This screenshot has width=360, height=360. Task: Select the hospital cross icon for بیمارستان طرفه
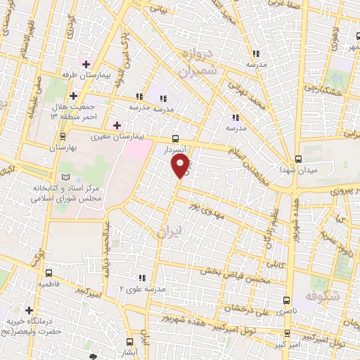86,64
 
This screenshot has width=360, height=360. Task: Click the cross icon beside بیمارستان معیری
117,124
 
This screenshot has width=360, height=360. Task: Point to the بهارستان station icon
63,136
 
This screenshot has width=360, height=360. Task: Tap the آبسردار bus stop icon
175,139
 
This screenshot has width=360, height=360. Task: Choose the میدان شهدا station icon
298,158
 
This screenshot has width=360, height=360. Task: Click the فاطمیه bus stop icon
49,273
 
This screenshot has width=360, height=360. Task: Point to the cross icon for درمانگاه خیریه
29,310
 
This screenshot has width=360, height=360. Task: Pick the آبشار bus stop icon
129,335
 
